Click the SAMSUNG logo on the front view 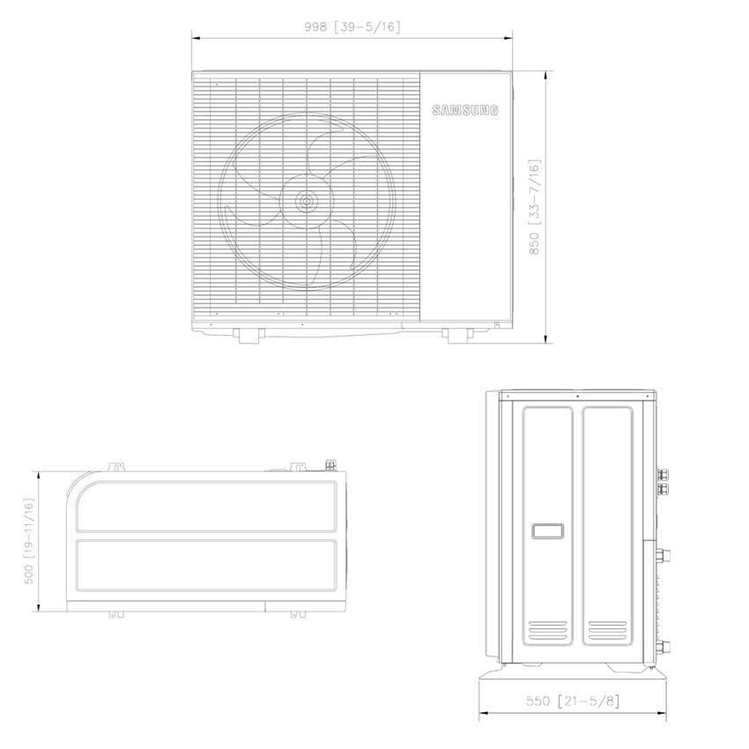tap(465, 110)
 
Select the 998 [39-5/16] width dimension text tap(352, 26)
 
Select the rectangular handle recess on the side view tap(550, 531)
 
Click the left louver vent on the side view tap(549, 631)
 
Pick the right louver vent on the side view tap(607, 631)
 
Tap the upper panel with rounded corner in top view tap(207, 505)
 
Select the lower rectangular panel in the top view tap(207, 567)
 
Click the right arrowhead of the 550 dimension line tap(663, 713)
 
